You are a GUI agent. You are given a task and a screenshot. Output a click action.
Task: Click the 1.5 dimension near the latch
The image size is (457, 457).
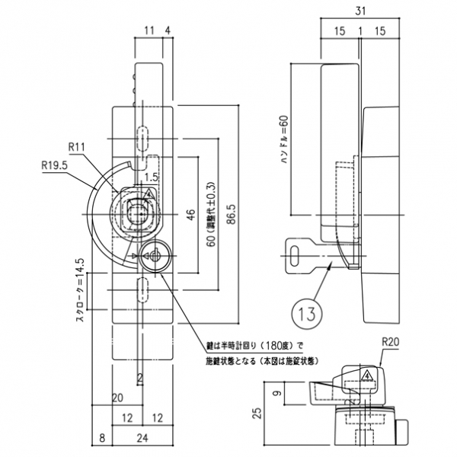pos(151,177)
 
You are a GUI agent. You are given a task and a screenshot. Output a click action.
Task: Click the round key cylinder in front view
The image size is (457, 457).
pos(152,256)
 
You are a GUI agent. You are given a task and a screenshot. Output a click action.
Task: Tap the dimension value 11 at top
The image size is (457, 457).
pos(149,31)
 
